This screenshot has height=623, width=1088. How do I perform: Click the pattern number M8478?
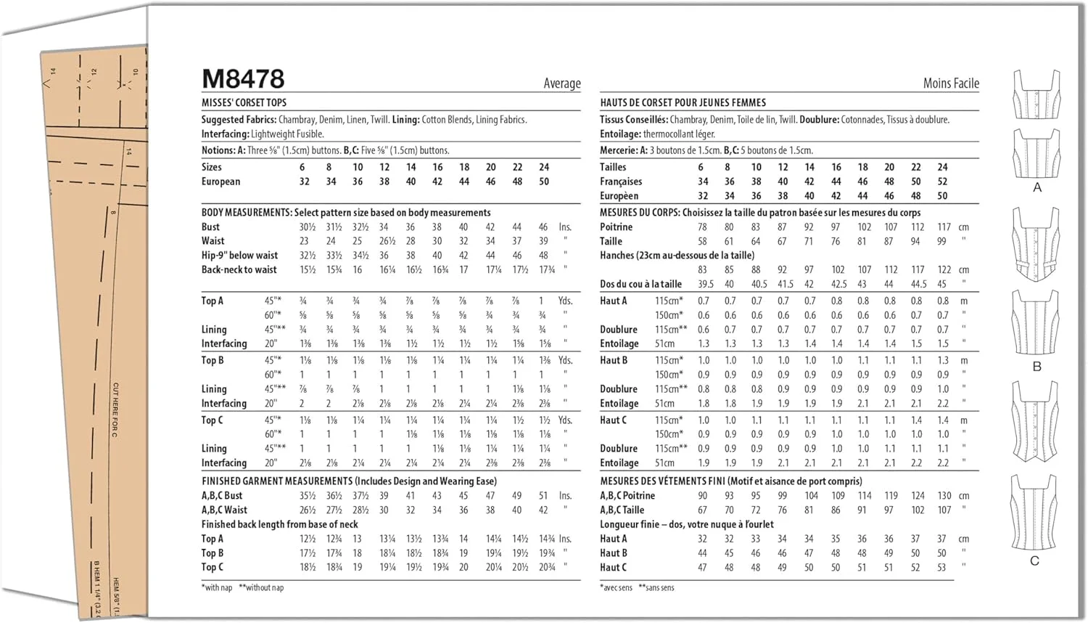coord(243,79)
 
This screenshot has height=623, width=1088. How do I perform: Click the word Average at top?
coord(562,84)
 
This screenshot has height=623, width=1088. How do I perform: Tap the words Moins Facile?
coord(951,84)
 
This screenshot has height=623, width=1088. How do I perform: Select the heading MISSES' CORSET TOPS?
coord(244,102)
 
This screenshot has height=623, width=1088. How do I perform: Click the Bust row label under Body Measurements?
coord(210,227)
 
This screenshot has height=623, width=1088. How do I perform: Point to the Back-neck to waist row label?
coord(239,269)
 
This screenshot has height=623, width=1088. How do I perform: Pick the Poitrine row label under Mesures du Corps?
coord(616,227)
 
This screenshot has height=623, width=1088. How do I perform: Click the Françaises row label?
coord(621,182)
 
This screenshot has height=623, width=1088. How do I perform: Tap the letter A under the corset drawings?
coord(1037,187)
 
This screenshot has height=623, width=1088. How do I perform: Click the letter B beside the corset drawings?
coord(1037,367)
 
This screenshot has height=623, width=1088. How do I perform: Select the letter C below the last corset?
coord(1035,561)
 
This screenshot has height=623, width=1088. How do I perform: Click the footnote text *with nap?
coord(217,587)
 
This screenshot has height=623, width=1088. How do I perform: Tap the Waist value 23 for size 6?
coord(304,241)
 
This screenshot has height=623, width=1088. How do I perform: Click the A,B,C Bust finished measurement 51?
coord(543,496)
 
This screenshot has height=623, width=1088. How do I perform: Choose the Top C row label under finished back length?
coord(212,567)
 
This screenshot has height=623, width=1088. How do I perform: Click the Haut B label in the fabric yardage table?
coord(613,360)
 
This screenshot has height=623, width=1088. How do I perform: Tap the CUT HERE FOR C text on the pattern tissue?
coord(115,410)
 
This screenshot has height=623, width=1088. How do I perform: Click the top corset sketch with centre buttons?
coord(1036,94)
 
